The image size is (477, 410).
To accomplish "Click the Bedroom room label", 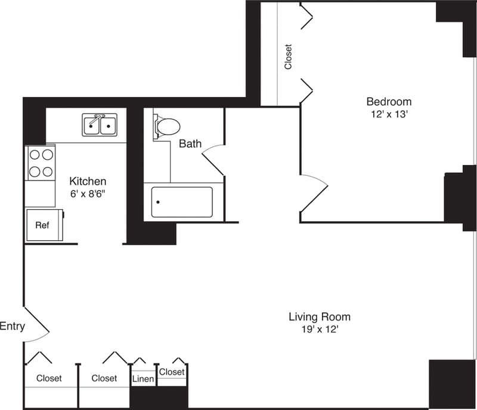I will click(x=389, y=101).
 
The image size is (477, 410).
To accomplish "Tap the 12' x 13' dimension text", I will click(x=389, y=114).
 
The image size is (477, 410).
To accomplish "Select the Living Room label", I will click(x=320, y=316).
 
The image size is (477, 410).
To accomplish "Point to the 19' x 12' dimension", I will click(x=320, y=329).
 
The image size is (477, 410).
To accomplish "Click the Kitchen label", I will click(x=88, y=181).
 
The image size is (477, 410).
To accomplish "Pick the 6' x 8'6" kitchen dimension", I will click(x=88, y=193).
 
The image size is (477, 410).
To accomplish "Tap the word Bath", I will click(x=190, y=144).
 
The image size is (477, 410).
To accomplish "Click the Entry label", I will click(x=12, y=326).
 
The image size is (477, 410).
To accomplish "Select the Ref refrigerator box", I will click(x=42, y=225).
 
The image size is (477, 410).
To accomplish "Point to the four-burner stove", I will click(x=40, y=163).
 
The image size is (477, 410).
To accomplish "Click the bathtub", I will click(x=181, y=203).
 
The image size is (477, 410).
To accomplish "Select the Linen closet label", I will click(x=143, y=379).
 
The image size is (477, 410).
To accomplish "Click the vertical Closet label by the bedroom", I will click(x=289, y=57).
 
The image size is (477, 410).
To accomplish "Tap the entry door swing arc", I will click(x=38, y=327).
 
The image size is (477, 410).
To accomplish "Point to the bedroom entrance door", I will click(x=314, y=193).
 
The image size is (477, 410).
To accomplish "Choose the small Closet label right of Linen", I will click(x=172, y=372).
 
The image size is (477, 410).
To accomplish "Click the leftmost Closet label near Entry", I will click(x=49, y=378).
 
